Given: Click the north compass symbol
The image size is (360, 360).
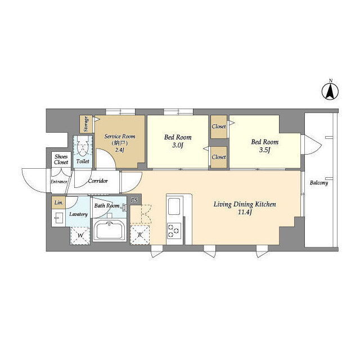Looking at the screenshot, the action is pyautogui.click(x=330, y=91).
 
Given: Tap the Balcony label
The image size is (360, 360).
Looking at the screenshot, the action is pyautogui.click(x=319, y=183).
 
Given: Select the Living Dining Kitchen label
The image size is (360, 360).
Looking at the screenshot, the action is pyautogui.click(x=245, y=204).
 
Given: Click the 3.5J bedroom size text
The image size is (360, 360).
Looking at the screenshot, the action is pyautogui.click(x=264, y=150).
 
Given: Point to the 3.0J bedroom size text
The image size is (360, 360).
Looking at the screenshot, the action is pyautogui.click(x=178, y=145).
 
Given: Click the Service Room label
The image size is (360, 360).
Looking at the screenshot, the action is pyautogui.click(x=120, y=136).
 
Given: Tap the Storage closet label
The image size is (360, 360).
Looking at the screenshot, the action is pyautogui.click(x=86, y=124).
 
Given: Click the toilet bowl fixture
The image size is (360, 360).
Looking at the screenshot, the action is pyautogui.click(x=83, y=146).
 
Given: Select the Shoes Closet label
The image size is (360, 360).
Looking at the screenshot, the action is pyautogui.click(x=61, y=159).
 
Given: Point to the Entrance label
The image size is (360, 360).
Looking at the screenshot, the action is pyautogui.click(x=58, y=182).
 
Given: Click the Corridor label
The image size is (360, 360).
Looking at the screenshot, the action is pyautogui.click(x=98, y=181).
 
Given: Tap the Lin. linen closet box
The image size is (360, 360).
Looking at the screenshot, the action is pyautogui.click(x=58, y=202).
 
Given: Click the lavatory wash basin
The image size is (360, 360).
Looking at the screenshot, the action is pyautogui.click(x=58, y=218).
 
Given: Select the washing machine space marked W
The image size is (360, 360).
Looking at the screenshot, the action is pyautogui.click(x=80, y=236).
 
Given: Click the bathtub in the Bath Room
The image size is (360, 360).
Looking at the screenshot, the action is pyautogui.click(x=110, y=230).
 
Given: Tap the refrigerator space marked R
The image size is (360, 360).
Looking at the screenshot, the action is pyautogui.click(x=140, y=235).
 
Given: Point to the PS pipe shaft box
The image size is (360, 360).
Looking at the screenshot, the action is pyautogui.click(x=134, y=200).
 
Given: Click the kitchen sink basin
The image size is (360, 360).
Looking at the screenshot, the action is pyautogui.click(x=174, y=206).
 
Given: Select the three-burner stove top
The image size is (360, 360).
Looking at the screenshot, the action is pyautogui.click(x=174, y=231).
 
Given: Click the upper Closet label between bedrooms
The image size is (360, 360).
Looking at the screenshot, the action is pyautogui.click(x=219, y=127).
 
